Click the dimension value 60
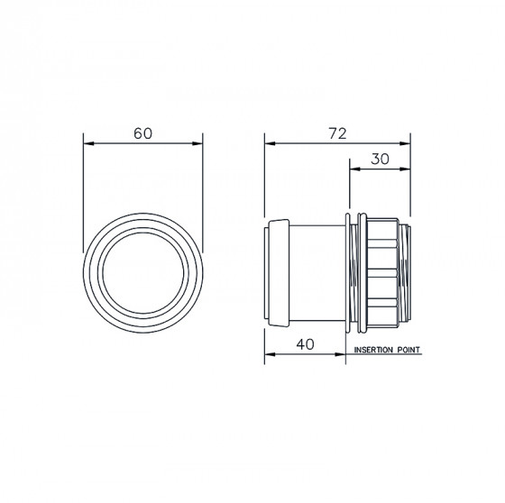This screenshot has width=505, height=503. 142,133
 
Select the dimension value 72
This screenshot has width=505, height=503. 337,133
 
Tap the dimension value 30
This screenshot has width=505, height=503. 380,159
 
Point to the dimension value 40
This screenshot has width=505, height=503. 305,344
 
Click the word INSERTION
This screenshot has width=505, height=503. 373,350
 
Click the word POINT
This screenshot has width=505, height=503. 409,350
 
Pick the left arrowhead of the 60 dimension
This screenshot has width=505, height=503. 88,143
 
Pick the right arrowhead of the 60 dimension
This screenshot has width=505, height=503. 197,143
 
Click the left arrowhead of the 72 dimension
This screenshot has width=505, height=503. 270,143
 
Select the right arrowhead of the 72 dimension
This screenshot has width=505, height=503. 405,143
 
